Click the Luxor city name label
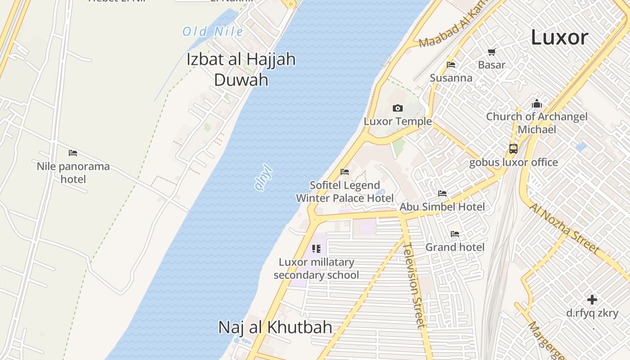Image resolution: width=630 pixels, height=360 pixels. [559, 37]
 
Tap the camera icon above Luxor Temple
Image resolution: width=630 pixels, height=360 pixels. [398, 108]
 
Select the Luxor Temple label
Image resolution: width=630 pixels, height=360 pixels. [398, 121]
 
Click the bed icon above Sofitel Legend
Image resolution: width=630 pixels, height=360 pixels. [345, 171]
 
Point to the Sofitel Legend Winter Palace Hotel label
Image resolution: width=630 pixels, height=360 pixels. [345, 192]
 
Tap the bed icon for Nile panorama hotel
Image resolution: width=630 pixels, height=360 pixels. [73, 153]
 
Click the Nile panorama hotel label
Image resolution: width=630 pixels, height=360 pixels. [73, 173]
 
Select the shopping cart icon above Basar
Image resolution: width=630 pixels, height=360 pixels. [491, 52]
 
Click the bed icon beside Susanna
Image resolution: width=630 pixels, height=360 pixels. [451, 65]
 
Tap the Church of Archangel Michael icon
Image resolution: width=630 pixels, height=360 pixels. [536, 104]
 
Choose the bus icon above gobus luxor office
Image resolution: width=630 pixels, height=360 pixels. [513, 148]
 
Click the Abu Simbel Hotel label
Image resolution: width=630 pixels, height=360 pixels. [442, 207]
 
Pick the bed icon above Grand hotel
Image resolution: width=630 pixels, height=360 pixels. [455, 234]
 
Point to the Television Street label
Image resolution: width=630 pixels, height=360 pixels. [414, 285]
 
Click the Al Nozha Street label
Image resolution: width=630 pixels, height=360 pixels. [564, 228]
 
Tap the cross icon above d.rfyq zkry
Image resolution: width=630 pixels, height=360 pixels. [592, 299]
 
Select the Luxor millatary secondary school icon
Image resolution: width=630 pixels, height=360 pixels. [316, 248]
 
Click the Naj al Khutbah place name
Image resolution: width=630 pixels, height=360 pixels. [275, 327]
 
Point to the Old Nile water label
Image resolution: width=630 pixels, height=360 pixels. [212, 31]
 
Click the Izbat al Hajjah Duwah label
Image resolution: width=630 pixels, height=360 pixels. [241, 69]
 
